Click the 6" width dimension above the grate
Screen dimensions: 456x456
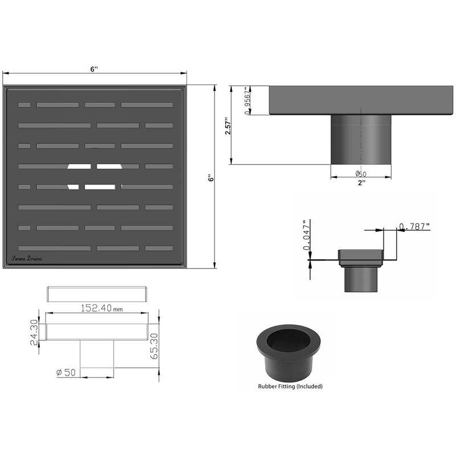point(94,69)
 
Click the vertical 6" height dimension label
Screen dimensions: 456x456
point(210,177)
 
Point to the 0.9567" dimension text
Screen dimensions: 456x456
point(247,101)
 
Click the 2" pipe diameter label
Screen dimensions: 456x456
point(361,183)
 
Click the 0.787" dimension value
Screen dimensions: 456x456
point(414,227)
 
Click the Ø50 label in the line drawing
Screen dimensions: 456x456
point(67,372)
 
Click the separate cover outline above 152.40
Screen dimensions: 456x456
point(97,294)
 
